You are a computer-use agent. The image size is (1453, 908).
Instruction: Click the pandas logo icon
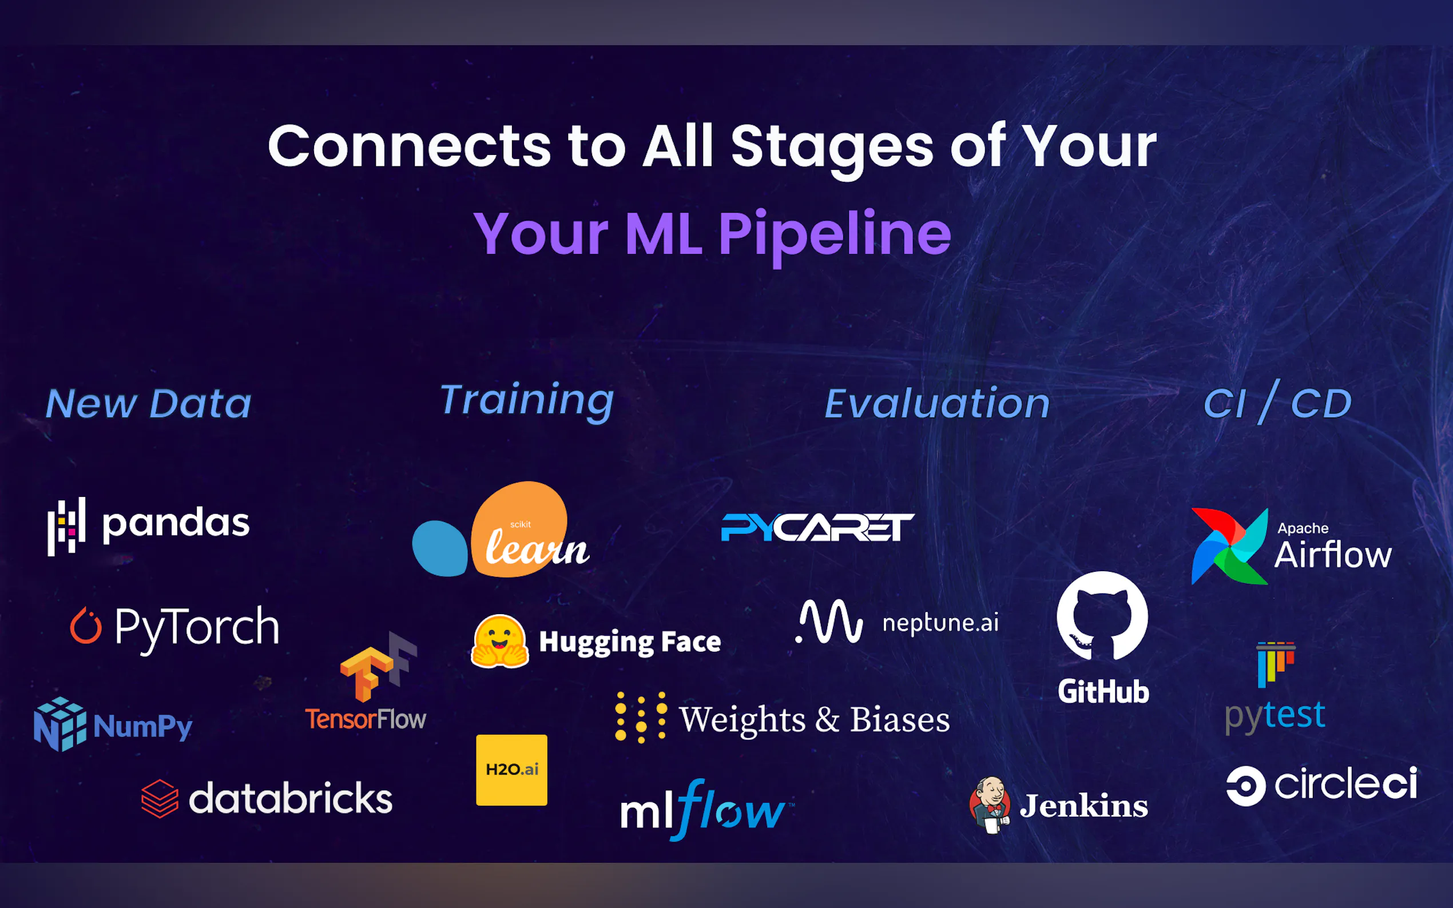pos(67,526)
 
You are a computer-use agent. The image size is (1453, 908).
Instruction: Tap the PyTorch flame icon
pos(85,625)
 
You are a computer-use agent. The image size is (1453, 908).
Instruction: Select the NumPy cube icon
pos(60,724)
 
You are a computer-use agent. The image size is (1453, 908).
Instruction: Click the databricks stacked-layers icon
pos(160,799)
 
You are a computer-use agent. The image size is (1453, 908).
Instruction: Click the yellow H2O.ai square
pos(512,770)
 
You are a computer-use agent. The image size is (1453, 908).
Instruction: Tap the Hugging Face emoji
pos(500,642)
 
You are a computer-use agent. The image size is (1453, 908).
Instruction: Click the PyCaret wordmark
pos(817,527)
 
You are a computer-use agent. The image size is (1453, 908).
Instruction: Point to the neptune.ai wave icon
pos(829,622)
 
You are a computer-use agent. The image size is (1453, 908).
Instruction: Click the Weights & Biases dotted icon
pos(641,718)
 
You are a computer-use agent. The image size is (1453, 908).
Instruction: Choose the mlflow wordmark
pos(707,810)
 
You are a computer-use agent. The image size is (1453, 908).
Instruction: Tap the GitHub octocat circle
pos(1102,616)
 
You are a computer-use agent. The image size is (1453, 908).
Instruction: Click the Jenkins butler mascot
pos(989,805)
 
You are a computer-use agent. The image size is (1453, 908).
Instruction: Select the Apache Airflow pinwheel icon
pos(1229,546)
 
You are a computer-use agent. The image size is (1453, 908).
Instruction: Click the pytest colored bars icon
pos(1276,664)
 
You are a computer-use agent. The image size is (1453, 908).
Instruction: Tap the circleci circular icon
pos(1246,786)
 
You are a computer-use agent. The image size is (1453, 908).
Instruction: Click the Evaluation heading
pos(937,404)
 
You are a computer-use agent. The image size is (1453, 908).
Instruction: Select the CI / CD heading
pos(1277,402)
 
